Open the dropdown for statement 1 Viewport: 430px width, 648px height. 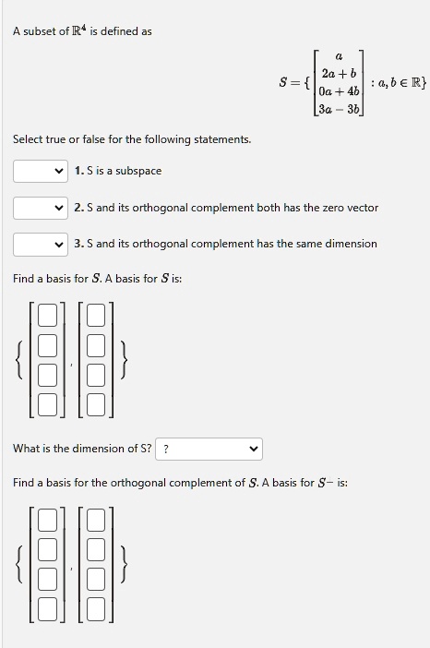tap(40, 171)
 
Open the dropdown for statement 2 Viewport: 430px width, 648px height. tap(40, 208)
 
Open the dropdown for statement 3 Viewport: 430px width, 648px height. tap(40, 244)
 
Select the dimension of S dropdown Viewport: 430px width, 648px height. tap(209, 449)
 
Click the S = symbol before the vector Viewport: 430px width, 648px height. tap(293, 82)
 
